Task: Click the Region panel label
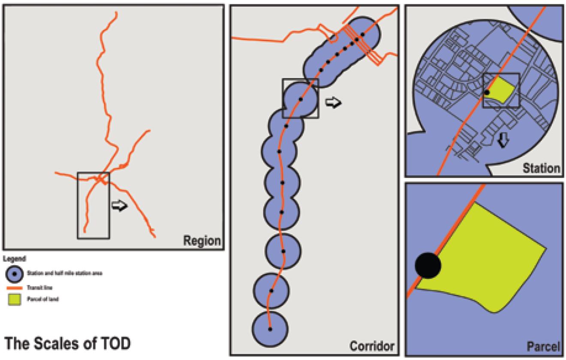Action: (202, 241)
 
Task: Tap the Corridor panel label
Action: (372, 346)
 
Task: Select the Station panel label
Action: (541, 168)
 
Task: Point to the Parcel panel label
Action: (543, 345)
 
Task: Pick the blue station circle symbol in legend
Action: (15, 273)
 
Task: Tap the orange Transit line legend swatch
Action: (15, 288)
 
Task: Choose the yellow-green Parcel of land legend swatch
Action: (15, 300)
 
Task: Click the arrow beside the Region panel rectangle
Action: (119, 206)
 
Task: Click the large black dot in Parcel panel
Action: (428, 265)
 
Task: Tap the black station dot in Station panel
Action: (487, 92)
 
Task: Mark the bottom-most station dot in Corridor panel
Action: (270, 329)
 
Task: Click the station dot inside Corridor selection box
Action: (301, 99)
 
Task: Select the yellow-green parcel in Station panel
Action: (501, 91)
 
